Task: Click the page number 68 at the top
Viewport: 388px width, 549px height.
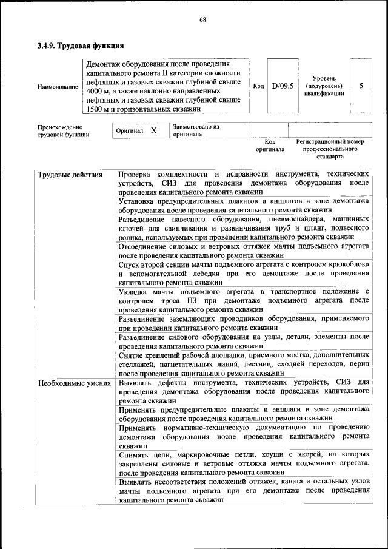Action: (x=203, y=20)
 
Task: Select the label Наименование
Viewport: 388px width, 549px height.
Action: (x=58, y=87)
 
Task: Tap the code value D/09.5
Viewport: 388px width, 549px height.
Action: (x=283, y=86)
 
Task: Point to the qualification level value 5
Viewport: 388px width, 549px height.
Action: (x=361, y=86)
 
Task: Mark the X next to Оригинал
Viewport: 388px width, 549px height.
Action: (x=153, y=130)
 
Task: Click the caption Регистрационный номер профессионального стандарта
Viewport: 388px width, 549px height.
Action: (x=330, y=148)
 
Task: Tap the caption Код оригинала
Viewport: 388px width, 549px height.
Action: (x=270, y=145)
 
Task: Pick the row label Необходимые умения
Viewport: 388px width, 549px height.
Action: (x=74, y=383)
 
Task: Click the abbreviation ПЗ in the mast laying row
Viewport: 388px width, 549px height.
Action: (x=210, y=300)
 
